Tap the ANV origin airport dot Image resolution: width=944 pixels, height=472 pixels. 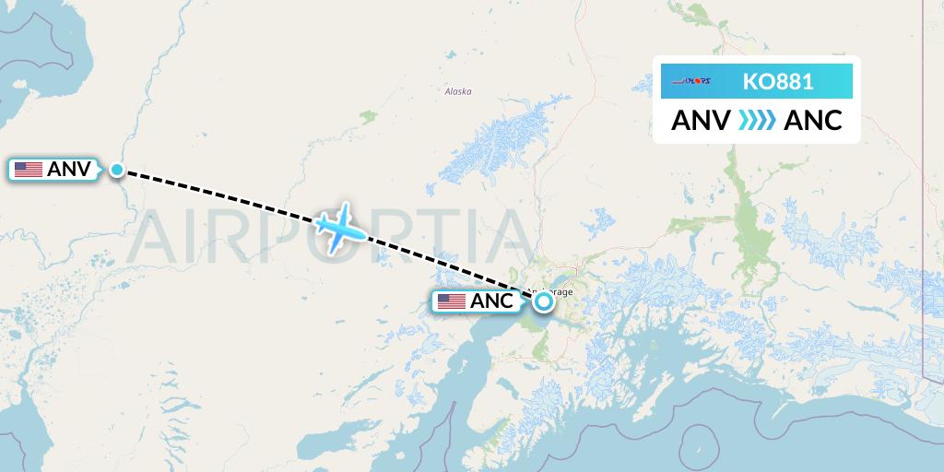[117, 169]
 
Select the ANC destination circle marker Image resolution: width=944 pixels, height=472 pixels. [543, 301]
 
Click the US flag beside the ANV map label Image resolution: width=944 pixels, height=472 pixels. [29, 170]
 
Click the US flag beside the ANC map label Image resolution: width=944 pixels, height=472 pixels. [451, 301]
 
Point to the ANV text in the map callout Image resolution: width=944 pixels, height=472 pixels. [68, 170]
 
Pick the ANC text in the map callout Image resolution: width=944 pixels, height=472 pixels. [491, 301]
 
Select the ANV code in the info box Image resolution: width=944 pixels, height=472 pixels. [701, 121]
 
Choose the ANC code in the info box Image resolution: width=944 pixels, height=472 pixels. [812, 121]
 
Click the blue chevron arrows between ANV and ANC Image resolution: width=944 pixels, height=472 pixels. [757, 121]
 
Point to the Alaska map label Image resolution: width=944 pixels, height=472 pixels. [458, 91]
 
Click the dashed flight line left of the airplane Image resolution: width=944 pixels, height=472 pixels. [221, 195]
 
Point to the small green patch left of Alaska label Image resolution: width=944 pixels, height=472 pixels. [369, 116]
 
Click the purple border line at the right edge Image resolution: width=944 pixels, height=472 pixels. [925, 277]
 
